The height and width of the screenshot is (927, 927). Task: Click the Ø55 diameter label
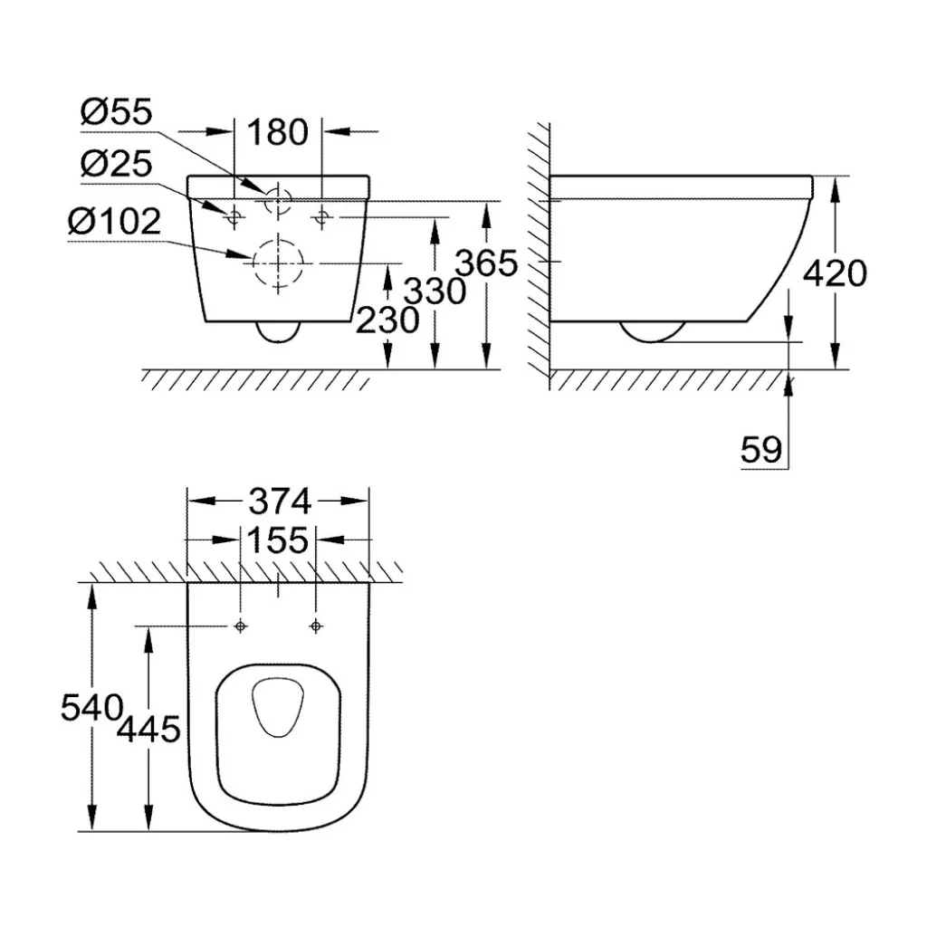click(x=117, y=111)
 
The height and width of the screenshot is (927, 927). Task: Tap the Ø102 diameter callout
click(x=114, y=222)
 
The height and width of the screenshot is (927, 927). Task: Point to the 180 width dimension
click(x=278, y=132)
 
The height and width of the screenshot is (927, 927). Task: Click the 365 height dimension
click(x=487, y=263)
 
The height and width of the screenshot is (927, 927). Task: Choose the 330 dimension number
click(x=435, y=291)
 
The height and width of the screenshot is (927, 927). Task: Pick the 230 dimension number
click(x=387, y=320)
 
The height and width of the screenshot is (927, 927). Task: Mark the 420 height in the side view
click(x=835, y=273)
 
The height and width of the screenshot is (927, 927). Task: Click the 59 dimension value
click(x=761, y=450)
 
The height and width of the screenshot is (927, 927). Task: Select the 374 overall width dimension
click(x=280, y=502)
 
